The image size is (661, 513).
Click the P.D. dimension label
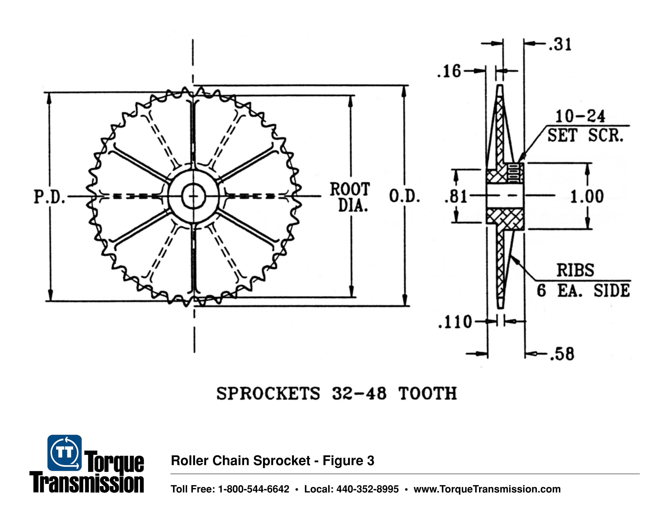pos(49,197)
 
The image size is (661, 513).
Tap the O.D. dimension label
pos(404,196)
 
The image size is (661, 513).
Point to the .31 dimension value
pos(560,44)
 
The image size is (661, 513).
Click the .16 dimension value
pos(449,72)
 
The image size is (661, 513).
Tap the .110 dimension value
pos(455,322)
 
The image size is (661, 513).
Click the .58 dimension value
pos(562,354)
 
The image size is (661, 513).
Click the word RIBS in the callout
pos(575,270)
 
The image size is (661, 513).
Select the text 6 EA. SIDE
pos(583,291)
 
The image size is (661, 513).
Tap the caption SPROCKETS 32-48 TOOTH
pos(337,394)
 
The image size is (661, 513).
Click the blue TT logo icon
pos(64,453)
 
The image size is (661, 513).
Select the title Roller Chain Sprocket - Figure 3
pos(272,461)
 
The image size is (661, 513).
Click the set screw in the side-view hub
pos(515,173)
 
